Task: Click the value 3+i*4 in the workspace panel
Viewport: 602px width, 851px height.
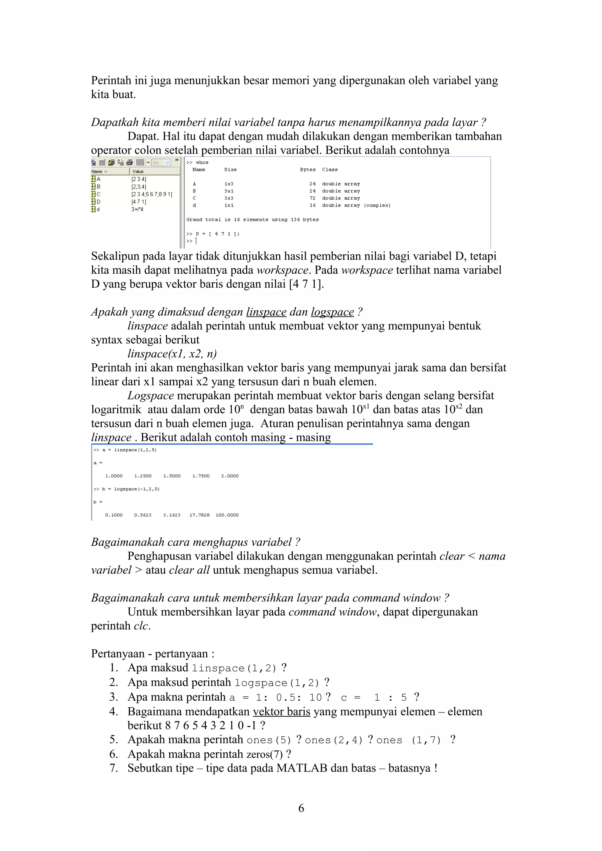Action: click(137, 209)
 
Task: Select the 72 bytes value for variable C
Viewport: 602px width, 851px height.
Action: click(312, 198)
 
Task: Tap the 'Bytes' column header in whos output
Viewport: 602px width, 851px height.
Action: click(307, 170)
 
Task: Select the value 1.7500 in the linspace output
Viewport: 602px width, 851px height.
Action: click(201, 476)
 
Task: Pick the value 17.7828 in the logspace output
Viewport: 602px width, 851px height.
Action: click(199, 515)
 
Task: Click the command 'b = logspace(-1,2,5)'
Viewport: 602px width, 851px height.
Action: click(131, 489)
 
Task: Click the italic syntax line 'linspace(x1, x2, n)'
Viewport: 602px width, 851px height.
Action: click(172, 354)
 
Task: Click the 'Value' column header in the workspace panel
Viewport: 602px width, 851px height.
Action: click(138, 171)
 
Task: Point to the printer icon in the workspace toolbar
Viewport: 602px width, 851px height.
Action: click(129, 162)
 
